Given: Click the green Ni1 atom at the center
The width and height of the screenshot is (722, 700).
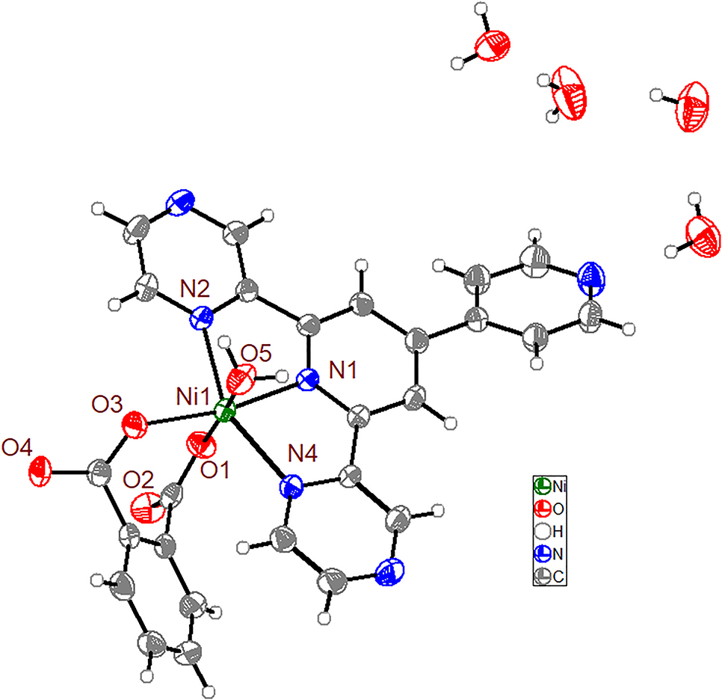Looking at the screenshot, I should [x=223, y=411].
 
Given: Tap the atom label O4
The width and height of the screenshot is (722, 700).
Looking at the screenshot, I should [x=16, y=448].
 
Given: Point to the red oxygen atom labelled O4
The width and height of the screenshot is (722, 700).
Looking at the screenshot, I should [x=42, y=472].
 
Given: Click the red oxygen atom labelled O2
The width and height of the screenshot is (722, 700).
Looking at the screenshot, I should [x=143, y=509].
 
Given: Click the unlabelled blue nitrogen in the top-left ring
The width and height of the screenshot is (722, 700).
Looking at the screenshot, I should [x=180, y=204].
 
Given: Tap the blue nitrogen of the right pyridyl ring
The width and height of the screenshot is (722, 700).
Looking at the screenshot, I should [x=590, y=274].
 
